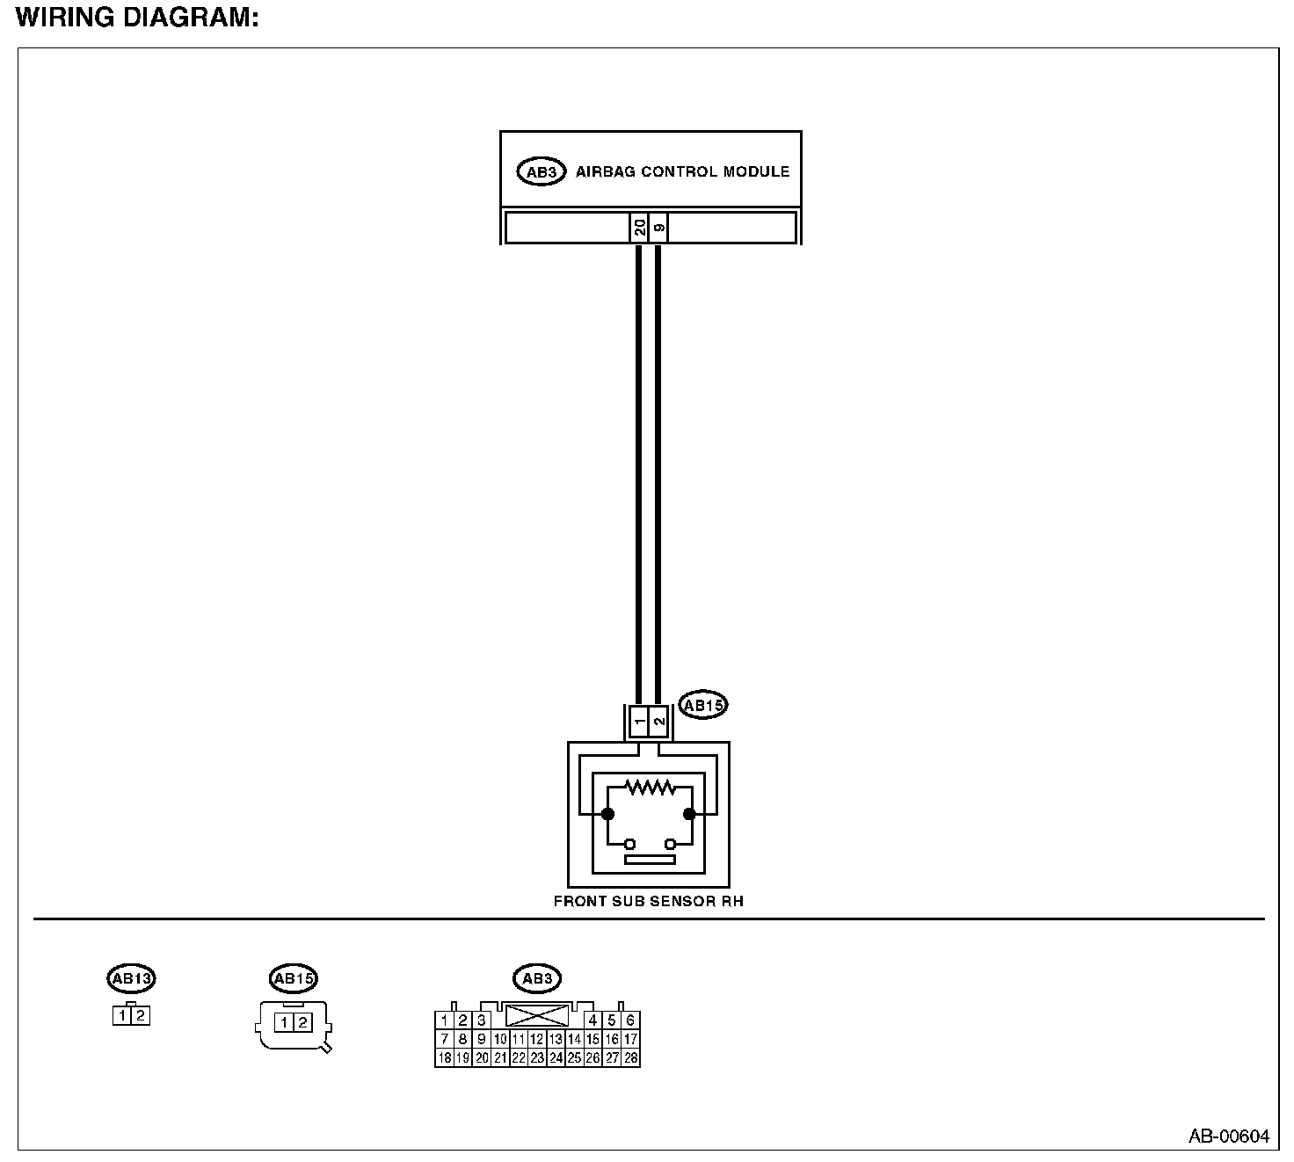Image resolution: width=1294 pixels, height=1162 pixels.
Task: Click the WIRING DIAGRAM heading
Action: point(137,18)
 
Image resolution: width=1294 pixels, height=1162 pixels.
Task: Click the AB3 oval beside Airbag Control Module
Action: point(541,172)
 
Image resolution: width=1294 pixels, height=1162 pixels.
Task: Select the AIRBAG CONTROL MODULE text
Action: point(682,171)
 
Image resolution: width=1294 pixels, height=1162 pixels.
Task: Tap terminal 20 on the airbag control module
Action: point(640,228)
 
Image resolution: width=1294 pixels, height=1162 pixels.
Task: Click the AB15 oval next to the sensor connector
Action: point(703,705)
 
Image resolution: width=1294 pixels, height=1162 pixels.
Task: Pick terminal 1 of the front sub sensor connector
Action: point(640,722)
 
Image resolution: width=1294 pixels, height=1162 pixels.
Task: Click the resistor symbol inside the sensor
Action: point(648,787)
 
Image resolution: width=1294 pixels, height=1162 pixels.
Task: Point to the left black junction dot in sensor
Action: point(607,814)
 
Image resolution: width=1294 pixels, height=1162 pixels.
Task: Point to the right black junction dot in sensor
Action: point(689,814)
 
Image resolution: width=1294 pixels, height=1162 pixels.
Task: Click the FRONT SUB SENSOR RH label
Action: point(648,901)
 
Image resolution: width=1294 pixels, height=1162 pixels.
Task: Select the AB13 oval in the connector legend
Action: point(131,977)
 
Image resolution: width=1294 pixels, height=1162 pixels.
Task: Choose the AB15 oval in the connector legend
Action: point(293,978)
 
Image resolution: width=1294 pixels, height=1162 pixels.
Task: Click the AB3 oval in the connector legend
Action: point(536,978)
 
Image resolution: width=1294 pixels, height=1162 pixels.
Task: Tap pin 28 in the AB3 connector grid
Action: point(630,1058)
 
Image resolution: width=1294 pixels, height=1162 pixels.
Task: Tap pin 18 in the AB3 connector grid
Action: point(445,1058)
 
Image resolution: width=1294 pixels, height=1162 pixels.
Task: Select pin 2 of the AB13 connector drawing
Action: point(141,1016)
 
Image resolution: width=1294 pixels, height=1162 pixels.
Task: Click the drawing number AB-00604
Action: point(1229,1137)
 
